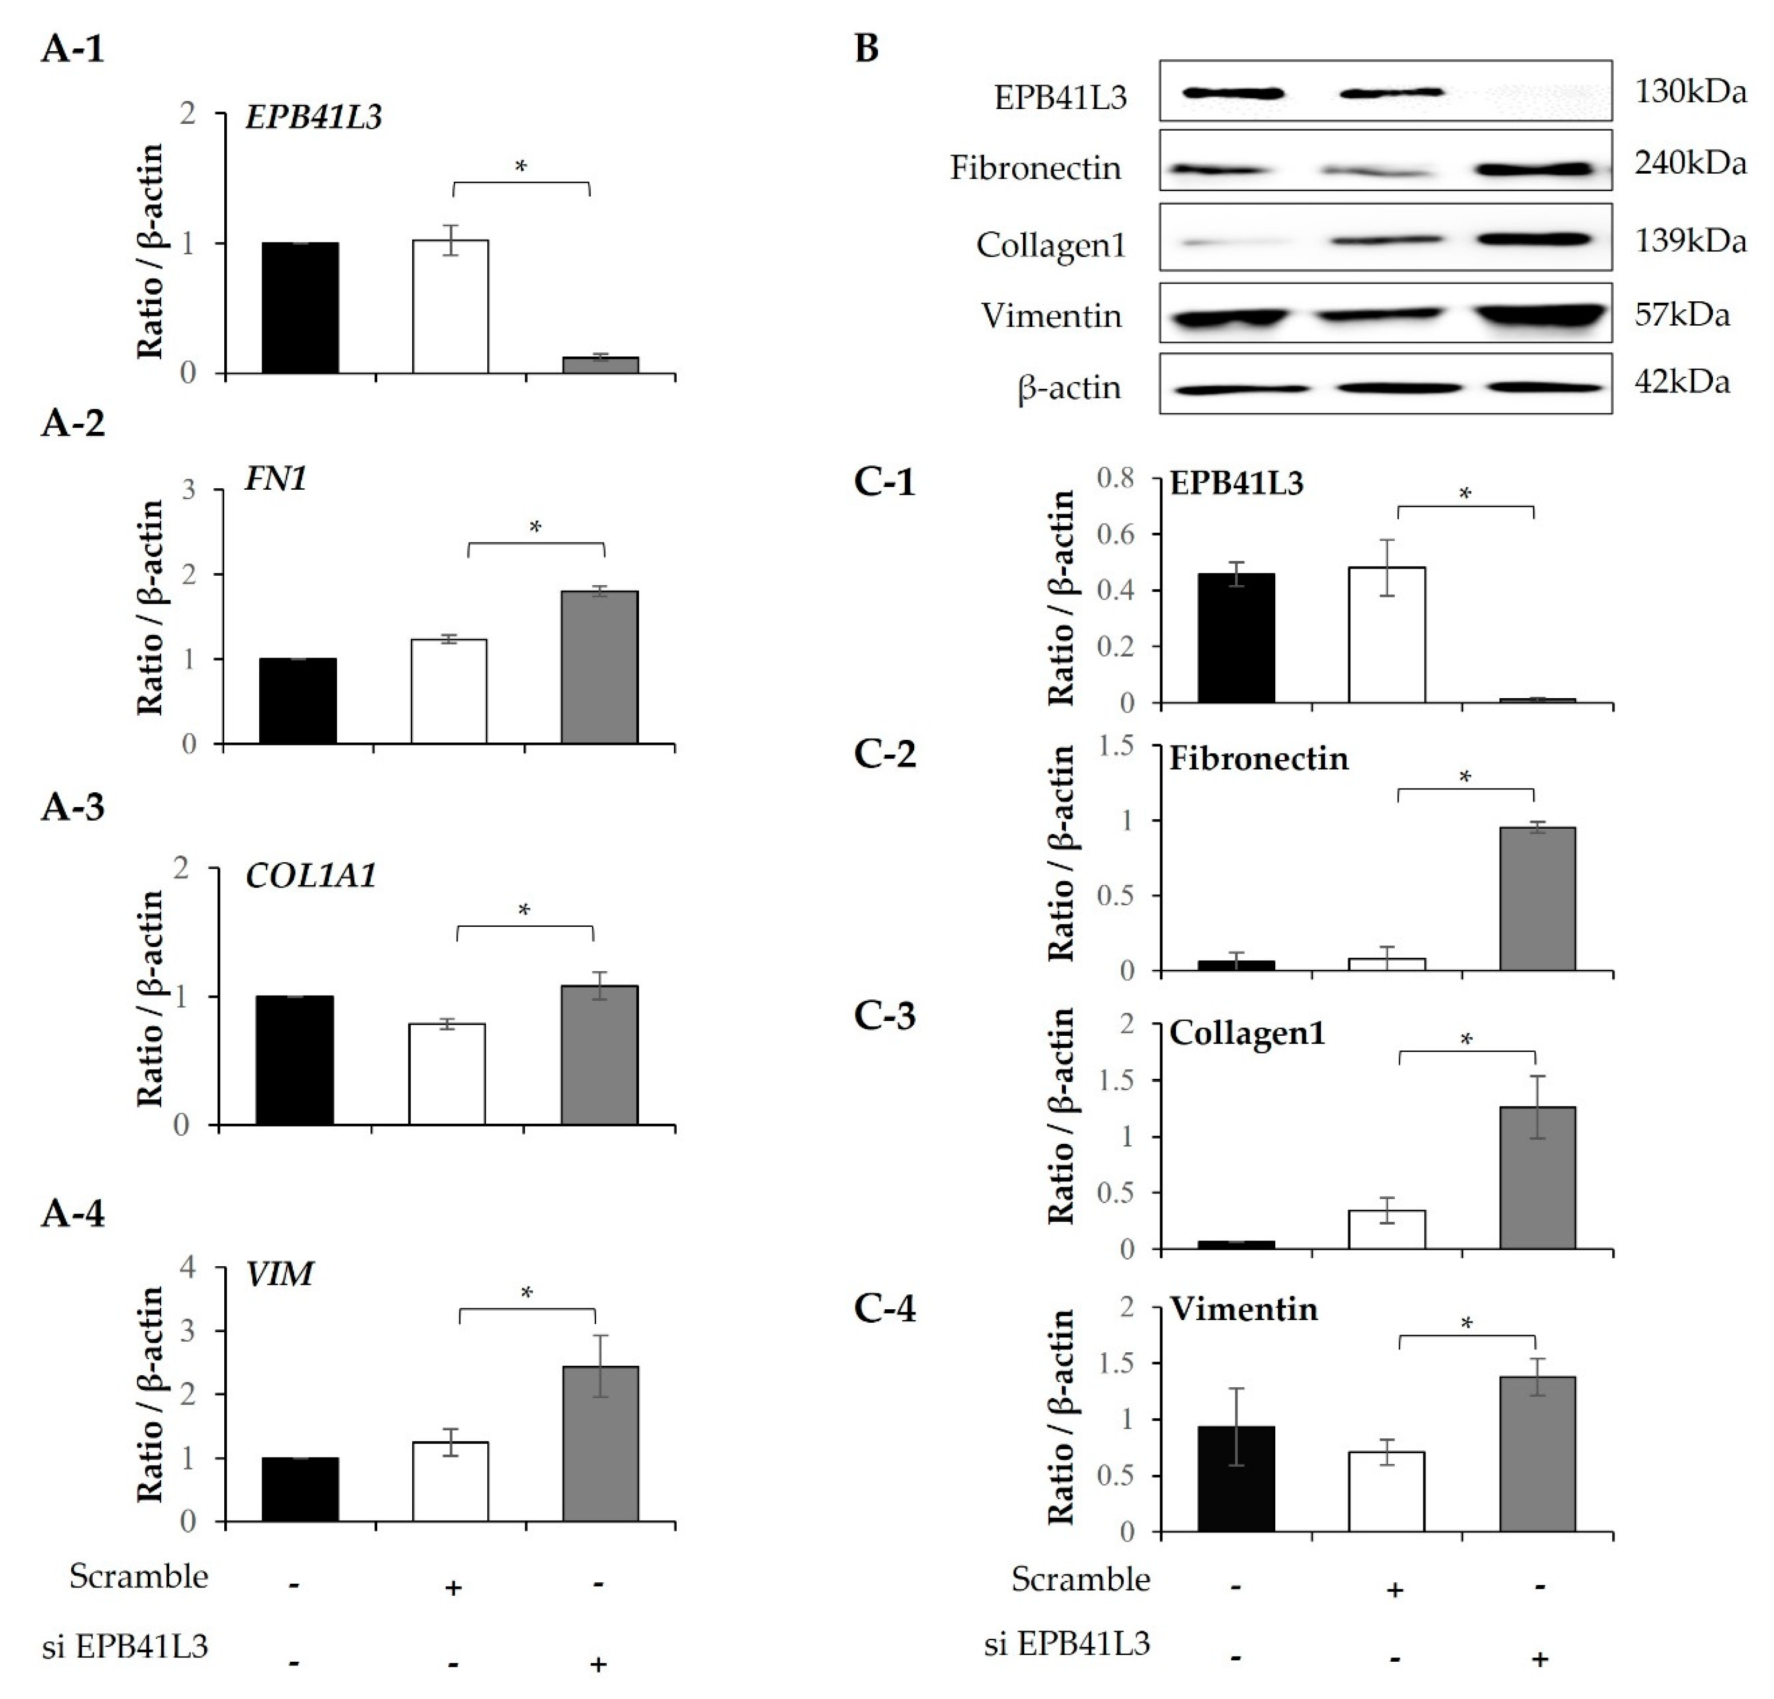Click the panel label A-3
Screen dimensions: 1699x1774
pyautogui.click(x=72, y=807)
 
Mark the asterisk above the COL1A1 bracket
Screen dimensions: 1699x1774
pyautogui.click(x=524, y=910)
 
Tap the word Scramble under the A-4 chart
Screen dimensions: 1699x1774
pyautogui.click(x=139, y=1576)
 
